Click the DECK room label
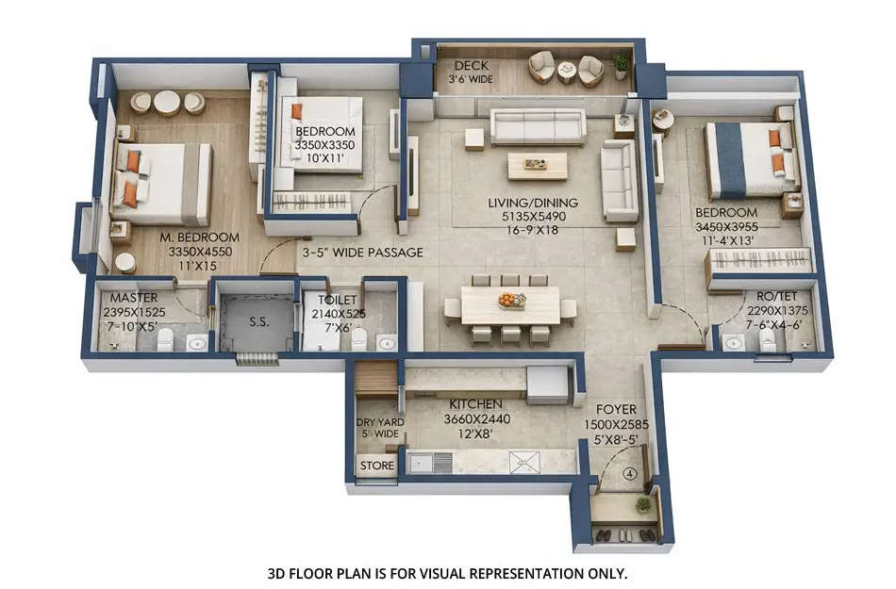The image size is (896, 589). (472, 66)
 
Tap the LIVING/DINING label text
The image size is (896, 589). (533, 203)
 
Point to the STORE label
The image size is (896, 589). (376, 466)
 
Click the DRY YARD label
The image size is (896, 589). (378, 422)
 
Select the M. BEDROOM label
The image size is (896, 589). (198, 237)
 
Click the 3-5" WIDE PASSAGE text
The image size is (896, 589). (362, 253)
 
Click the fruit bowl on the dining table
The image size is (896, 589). (512, 300)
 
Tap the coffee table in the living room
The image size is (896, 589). (537, 165)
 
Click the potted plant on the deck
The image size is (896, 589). (620, 64)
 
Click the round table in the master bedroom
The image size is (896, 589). (167, 101)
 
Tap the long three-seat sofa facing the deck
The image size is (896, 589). (538, 125)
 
